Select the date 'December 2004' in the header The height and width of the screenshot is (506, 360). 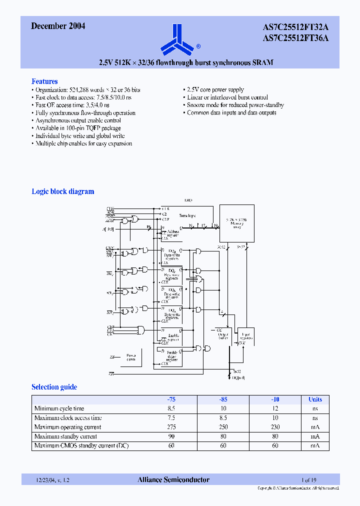(58, 26)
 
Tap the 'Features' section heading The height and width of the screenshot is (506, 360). (44, 81)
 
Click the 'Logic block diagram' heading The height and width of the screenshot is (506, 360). (63, 191)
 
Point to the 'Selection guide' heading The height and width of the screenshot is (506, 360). (54, 387)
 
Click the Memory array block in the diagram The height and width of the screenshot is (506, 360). (237, 223)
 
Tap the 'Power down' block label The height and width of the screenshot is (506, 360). (131, 357)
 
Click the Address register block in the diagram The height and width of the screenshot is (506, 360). (172, 233)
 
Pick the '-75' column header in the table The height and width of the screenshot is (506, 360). (171, 399)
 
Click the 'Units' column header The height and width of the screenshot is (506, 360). (315, 399)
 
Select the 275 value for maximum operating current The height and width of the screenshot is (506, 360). (171, 427)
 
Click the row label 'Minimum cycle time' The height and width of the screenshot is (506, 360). (59, 409)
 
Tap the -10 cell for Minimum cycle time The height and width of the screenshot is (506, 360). (274, 409)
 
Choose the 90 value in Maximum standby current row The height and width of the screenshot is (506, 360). (171, 436)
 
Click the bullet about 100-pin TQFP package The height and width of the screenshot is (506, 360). (78, 128)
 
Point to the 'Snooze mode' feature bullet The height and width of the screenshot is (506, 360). (235, 105)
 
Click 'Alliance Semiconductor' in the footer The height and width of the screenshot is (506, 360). (173, 480)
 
